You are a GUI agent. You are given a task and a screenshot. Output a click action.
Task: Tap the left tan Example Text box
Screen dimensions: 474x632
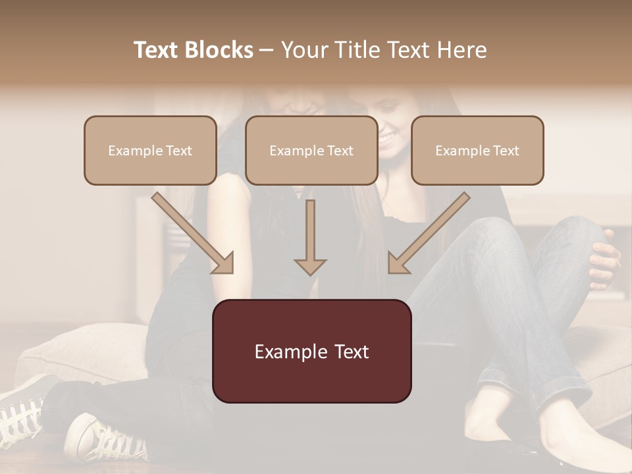click(150, 150)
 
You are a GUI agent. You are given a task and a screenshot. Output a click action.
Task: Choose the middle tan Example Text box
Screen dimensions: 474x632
click(311, 150)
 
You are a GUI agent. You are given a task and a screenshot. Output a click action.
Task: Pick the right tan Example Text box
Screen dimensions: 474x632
click(477, 150)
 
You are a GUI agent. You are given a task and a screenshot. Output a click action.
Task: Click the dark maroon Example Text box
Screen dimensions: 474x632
click(311, 351)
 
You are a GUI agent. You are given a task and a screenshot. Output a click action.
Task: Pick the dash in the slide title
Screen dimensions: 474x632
click(267, 50)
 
